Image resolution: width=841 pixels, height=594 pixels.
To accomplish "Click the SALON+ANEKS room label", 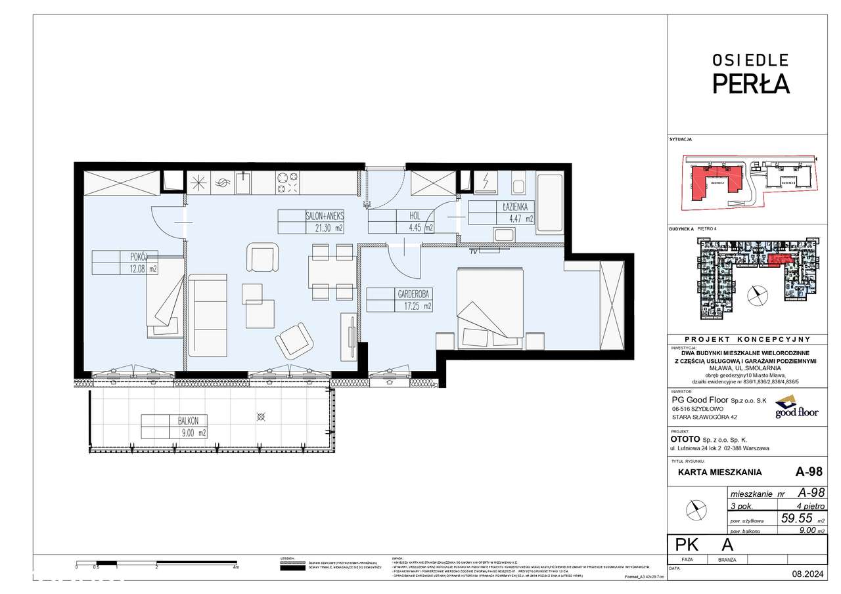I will [x=324, y=215].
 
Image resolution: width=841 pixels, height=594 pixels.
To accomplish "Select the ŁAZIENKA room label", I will [x=516, y=206].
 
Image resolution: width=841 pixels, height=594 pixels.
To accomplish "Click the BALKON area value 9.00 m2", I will [x=194, y=433].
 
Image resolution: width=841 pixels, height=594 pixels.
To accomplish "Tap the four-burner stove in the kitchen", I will [x=288, y=182].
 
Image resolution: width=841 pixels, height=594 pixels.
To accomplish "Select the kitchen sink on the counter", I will [x=243, y=183].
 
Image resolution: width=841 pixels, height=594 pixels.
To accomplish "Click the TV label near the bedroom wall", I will [x=473, y=251].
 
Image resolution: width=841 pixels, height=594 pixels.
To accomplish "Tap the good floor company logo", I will [x=796, y=407].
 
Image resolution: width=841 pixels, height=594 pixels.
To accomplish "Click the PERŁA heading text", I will [x=751, y=84].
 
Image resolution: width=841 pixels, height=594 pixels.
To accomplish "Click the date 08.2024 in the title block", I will [x=808, y=574].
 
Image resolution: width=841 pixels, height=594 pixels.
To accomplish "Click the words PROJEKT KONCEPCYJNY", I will [x=750, y=339].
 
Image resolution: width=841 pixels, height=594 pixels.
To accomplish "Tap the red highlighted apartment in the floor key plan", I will [x=781, y=261].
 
